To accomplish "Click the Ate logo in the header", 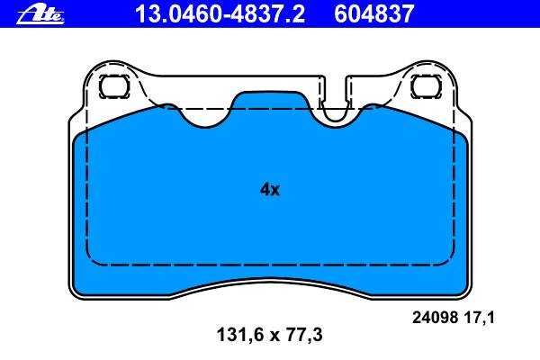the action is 40,14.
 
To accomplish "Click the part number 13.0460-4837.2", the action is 220,14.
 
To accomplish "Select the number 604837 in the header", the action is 373,14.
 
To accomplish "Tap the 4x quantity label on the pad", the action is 270,189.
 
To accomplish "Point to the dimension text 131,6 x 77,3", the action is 270,335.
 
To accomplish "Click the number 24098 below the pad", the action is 435,317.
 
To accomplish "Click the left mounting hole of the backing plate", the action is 114,86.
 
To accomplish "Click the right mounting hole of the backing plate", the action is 426,86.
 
